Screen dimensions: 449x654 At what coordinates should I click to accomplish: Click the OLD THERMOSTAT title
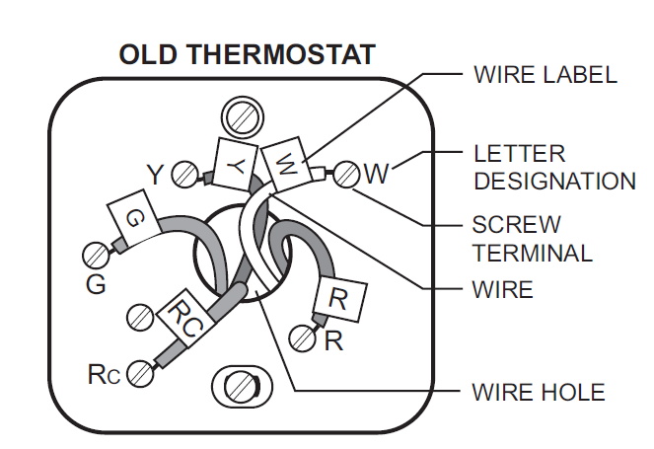(x=247, y=54)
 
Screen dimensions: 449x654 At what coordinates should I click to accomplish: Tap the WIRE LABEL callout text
(x=545, y=75)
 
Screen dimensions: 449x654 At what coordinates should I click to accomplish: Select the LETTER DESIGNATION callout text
(x=553, y=168)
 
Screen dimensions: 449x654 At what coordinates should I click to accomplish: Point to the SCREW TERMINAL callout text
(x=532, y=238)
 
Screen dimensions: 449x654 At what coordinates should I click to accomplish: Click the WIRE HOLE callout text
(x=539, y=393)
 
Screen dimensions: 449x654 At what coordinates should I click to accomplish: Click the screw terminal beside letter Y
(x=183, y=176)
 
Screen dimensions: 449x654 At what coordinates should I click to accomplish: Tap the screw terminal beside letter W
(x=345, y=175)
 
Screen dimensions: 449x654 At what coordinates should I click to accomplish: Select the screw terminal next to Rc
(x=139, y=374)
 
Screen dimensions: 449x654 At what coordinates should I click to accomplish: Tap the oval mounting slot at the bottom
(x=238, y=386)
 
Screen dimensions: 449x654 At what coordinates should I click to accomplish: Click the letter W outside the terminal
(x=377, y=175)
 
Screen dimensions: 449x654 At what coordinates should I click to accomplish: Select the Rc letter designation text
(x=104, y=375)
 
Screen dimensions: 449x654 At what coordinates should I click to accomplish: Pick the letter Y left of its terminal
(x=155, y=176)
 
